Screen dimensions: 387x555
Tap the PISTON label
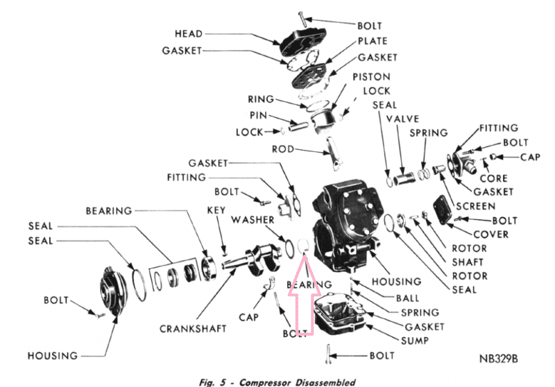coord(371,76)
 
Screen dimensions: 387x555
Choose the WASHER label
coord(252,219)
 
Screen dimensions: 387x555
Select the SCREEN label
coord(475,206)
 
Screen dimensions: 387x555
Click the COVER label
coord(491,234)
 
